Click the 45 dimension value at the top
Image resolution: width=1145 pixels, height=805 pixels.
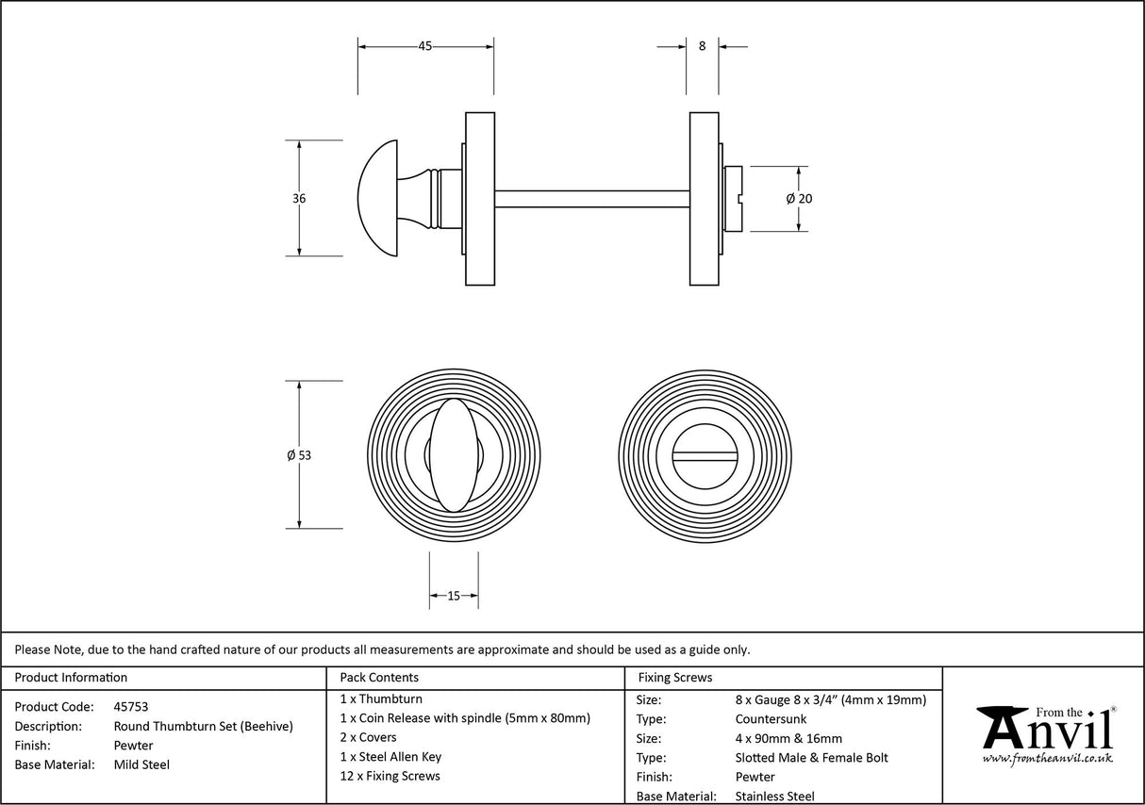(425, 46)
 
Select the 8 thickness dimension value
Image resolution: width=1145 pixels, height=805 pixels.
(702, 45)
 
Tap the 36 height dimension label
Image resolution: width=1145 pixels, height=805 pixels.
(299, 198)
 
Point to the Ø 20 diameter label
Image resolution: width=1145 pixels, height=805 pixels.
(799, 198)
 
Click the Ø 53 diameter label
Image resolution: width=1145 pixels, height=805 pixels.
(299, 455)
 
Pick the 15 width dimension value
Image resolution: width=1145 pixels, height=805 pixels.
(454, 596)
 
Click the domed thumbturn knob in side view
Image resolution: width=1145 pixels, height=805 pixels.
(382, 198)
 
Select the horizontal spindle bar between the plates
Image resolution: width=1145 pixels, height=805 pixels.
(591, 198)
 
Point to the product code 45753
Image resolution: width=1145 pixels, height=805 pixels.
(130, 706)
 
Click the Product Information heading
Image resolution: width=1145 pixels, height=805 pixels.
(71, 677)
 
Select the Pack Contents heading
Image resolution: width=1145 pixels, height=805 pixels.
(379, 677)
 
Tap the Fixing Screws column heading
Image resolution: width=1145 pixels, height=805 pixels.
(675, 677)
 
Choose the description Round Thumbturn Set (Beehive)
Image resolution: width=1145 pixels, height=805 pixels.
(203, 726)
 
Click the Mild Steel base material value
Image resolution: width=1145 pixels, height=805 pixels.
(141, 764)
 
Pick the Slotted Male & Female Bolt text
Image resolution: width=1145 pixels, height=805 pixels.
(811, 758)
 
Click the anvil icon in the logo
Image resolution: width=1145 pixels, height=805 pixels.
(1002, 727)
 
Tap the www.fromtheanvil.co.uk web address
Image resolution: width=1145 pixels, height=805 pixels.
(1047, 758)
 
